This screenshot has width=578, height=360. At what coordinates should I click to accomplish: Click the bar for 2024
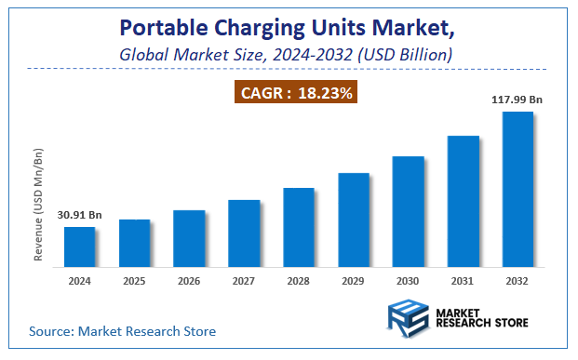tap(79, 247)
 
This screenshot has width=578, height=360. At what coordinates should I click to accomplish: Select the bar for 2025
tap(134, 243)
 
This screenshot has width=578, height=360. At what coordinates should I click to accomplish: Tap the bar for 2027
tap(244, 233)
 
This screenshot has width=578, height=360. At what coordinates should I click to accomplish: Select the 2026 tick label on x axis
tap(189, 279)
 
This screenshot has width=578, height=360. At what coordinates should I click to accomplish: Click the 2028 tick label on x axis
tap(299, 279)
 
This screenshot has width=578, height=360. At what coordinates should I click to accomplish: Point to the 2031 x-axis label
tap(463, 279)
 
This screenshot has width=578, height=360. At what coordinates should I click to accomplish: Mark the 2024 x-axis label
tap(79, 279)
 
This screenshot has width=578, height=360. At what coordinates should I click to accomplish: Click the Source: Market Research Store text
tap(122, 330)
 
